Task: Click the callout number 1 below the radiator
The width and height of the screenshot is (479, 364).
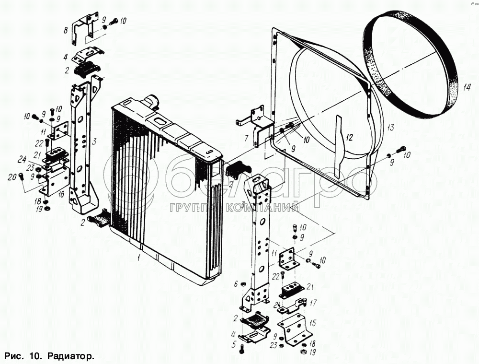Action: pos(138,258)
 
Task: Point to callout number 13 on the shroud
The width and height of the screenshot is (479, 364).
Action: pos(390,128)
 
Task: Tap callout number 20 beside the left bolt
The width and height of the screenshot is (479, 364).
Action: pos(11,177)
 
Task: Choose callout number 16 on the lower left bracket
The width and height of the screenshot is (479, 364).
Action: pos(61,194)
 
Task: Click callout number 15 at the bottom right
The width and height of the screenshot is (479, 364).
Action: pos(313,323)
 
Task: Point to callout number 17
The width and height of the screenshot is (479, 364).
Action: pos(313,303)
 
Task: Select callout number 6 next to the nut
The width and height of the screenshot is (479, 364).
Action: pos(236,284)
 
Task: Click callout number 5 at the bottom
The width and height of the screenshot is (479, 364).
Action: pos(234,344)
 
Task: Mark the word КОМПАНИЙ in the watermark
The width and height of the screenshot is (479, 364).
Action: pos(270,208)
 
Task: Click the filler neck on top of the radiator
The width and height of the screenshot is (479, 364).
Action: pos(153,101)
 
